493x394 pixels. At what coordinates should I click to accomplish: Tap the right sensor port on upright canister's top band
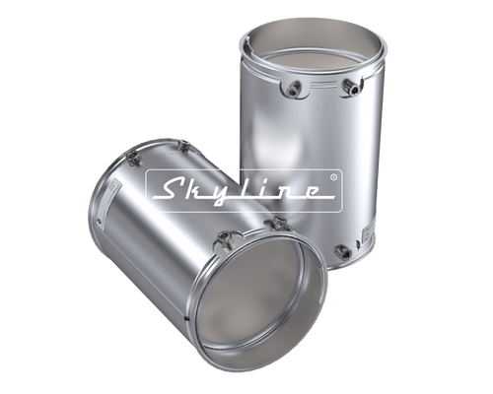[347, 88]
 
